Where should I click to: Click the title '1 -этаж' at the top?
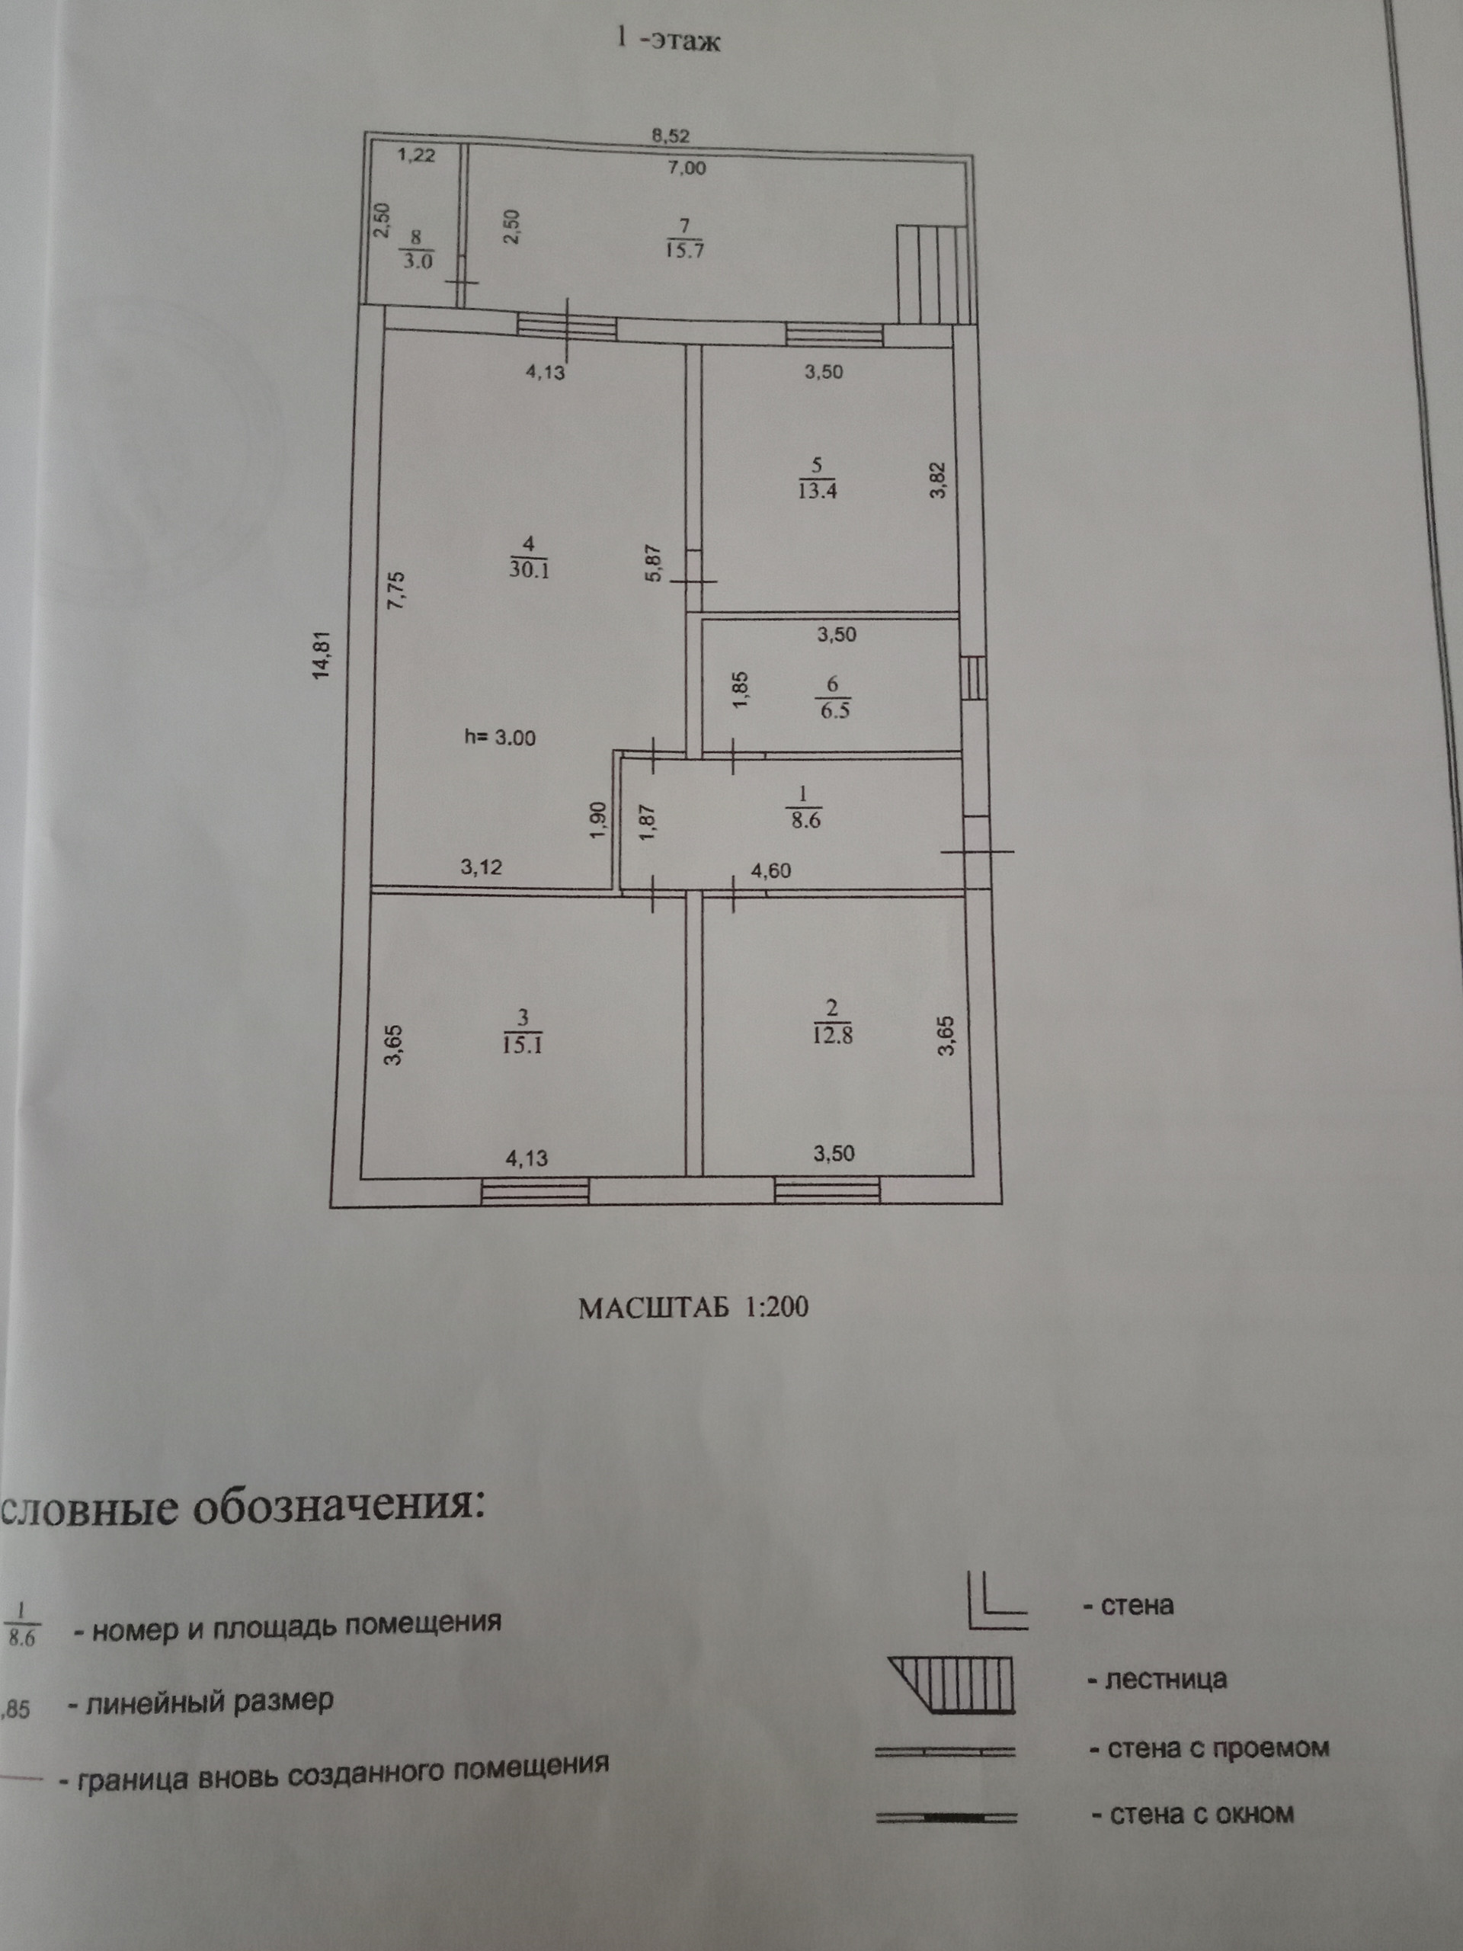tap(667, 40)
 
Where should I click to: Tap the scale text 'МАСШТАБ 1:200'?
tap(693, 1307)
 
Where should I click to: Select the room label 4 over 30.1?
tap(528, 557)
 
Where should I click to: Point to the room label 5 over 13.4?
tap(817, 478)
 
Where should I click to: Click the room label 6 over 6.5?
tap(834, 697)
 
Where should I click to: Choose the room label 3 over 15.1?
tap(522, 1033)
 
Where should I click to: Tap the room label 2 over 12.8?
tap(833, 1022)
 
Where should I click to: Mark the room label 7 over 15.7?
tap(685, 238)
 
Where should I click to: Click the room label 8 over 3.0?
tap(416, 250)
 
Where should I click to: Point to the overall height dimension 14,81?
tap(324, 655)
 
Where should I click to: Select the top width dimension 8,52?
tap(671, 136)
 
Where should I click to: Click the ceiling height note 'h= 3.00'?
tap(500, 738)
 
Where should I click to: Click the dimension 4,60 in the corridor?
tap(771, 870)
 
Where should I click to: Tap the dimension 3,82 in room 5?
tap(938, 481)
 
